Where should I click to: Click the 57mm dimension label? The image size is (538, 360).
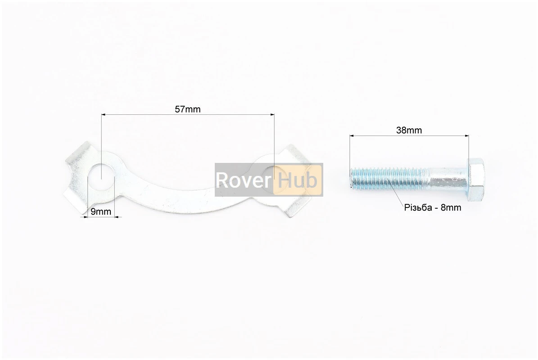(x=188, y=109)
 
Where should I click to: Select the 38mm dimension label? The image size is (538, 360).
(x=409, y=130)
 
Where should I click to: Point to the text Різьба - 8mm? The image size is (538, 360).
(x=433, y=208)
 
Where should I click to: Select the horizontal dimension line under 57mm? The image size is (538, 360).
(x=188, y=115)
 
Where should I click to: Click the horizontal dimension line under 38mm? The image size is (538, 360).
(x=409, y=135)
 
